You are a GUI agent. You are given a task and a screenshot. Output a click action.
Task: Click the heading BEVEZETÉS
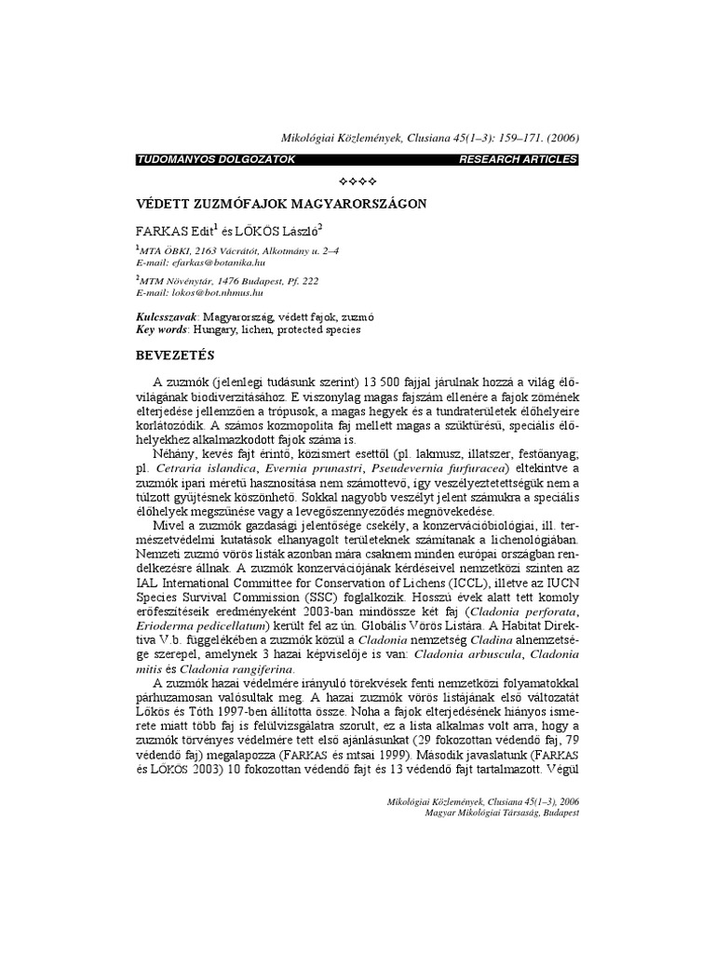coord(175,356)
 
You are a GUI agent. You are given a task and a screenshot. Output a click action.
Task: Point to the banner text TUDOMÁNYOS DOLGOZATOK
coord(216,159)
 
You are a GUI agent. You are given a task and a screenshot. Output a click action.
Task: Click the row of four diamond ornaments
coord(357,180)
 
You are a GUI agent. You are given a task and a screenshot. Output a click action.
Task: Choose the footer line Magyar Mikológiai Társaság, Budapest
coord(485,813)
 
